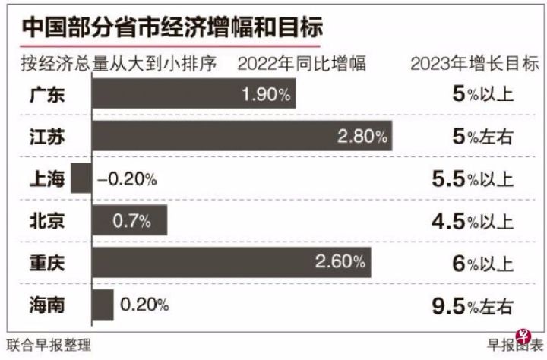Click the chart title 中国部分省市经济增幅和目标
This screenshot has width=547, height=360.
[172, 27]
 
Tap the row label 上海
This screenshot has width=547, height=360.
[46, 179]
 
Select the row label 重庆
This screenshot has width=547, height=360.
[46, 264]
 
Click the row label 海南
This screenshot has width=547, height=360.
[46, 305]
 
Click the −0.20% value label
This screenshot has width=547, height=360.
[127, 179]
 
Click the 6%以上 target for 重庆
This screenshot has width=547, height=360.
[482, 264]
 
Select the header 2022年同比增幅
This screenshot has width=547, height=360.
[302, 63]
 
